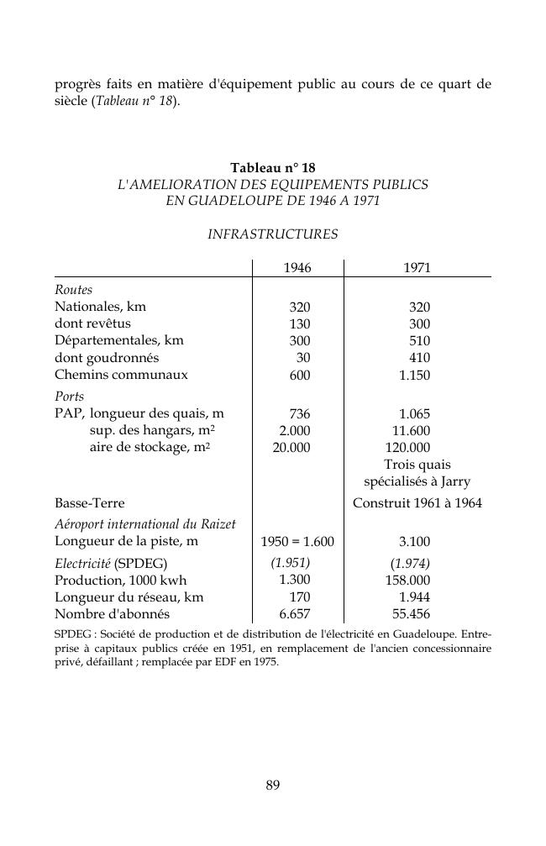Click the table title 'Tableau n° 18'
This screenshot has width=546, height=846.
(273, 168)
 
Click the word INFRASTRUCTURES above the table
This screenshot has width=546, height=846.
(272, 234)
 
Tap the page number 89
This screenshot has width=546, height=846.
(272, 785)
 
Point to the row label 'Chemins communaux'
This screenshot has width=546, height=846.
(121, 375)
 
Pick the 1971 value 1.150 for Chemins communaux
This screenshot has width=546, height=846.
(414, 376)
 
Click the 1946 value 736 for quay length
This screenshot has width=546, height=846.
(299, 414)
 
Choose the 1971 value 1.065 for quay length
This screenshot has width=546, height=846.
(414, 414)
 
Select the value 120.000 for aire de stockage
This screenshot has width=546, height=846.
(407, 448)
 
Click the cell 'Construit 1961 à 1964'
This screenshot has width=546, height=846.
(417, 503)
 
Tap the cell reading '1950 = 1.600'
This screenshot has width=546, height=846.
(297, 542)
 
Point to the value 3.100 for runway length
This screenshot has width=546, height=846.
(414, 542)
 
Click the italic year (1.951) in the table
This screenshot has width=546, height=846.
(290, 563)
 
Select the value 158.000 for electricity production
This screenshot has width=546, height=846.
(407, 581)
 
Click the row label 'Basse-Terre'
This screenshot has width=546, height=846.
(89, 503)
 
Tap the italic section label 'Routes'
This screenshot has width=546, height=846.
(73, 289)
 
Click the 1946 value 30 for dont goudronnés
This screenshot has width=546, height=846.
(303, 358)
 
